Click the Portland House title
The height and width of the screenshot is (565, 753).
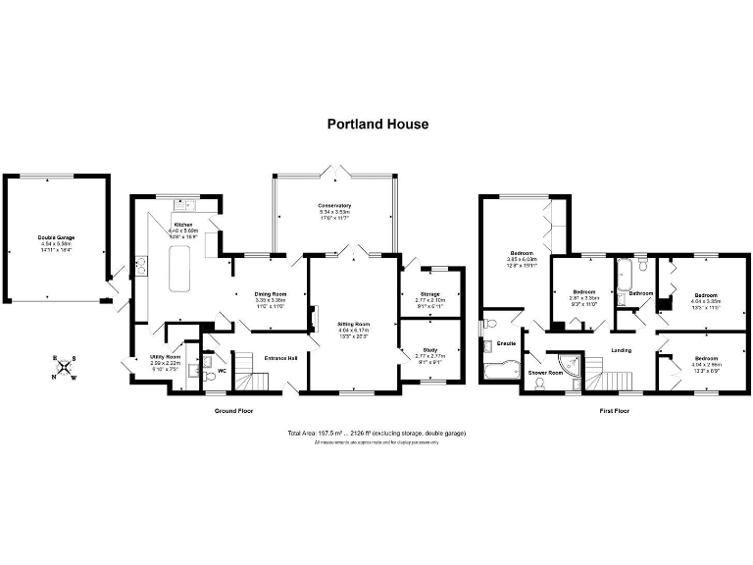[x=376, y=125]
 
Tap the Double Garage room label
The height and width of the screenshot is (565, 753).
[x=56, y=237]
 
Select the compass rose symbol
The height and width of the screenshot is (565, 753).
[x=65, y=369]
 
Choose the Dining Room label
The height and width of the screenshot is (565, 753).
[x=271, y=294]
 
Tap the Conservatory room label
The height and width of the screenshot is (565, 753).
[x=334, y=205]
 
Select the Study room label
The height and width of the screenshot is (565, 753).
[x=430, y=349]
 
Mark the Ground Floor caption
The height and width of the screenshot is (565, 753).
[x=233, y=410]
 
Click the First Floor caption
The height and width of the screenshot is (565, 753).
[x=614, y=410]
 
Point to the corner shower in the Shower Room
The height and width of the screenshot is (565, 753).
[x=586, y=366]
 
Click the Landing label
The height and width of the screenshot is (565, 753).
[x=620, y=349]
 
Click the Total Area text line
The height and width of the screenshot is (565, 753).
[x=376, y=433]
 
